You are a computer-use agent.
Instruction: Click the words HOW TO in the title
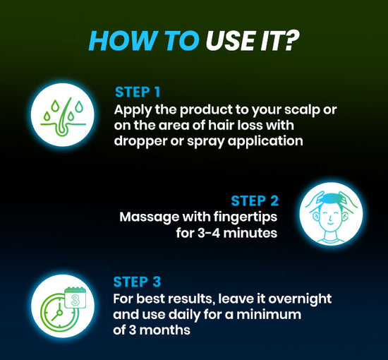tap(144, 40)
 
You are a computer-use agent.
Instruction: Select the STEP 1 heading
tap(138, 92)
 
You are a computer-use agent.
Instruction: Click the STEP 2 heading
tap(255, 200)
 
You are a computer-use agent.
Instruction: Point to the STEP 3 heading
tap(137, 282)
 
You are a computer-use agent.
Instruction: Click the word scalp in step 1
tap(302, 110)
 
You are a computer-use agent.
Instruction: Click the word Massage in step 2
tap(150, 217)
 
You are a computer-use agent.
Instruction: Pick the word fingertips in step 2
tap(245, 217)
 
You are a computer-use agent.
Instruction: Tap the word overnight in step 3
tap(300, 299)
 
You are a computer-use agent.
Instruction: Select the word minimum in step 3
tap(269, 314)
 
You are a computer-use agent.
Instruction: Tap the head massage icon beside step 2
tap(331, 213)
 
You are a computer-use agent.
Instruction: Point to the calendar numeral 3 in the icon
tap(75, 300)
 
